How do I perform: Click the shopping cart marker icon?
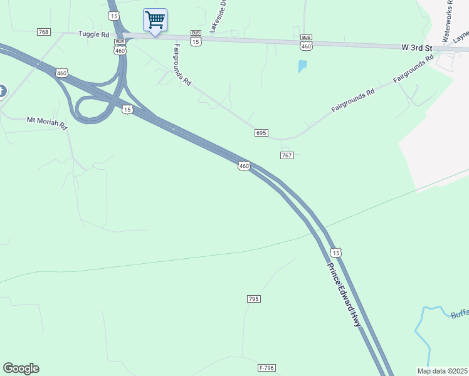point(155,19)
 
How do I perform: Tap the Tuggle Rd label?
point(93,34)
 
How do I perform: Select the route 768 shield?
point(43,32)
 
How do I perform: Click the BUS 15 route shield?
point(196,39)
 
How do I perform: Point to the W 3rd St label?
point(417,47)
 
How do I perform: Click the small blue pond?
point(303,65)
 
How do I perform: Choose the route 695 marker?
point(261,133)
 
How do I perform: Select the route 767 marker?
point(287,155)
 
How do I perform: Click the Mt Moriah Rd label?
point(46,122)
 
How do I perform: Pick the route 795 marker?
point(253,299)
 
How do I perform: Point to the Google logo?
point(21,368)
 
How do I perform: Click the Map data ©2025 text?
point(443,370)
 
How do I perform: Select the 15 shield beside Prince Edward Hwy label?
point(336,252)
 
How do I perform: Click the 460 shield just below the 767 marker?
point(244,166)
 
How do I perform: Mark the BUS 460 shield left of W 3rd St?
point(306,43)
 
